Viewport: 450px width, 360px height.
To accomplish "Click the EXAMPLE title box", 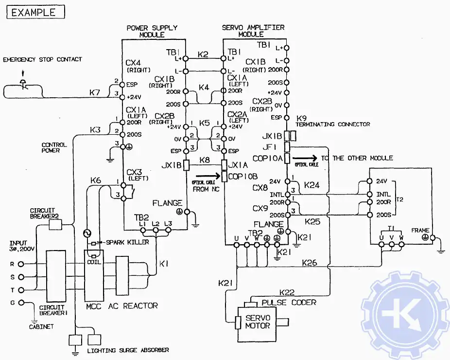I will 35,12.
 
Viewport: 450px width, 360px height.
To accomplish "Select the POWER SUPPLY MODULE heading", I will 152,31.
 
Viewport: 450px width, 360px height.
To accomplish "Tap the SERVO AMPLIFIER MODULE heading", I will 253,31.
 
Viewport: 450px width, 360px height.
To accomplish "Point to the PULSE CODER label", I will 289,302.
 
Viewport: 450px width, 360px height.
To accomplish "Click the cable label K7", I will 95,91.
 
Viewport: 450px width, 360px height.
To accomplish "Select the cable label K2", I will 203,54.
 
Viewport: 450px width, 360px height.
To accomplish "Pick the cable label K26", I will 309,263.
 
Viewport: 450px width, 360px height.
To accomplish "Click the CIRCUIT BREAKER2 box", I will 56,224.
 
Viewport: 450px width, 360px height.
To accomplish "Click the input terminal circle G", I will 21,303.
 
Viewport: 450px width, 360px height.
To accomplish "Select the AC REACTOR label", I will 135,306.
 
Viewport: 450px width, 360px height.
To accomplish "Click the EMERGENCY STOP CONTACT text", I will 43,59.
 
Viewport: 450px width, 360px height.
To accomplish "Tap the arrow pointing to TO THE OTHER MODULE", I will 304,158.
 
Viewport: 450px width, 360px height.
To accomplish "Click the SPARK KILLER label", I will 127,242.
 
